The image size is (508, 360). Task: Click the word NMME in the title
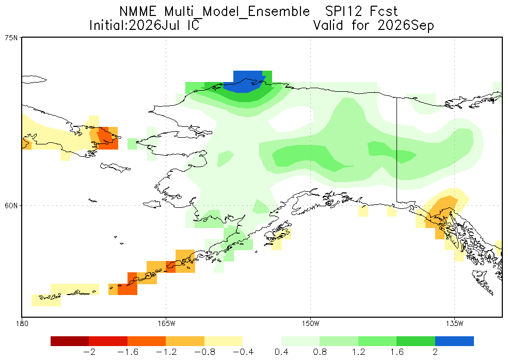[x=138, y=12]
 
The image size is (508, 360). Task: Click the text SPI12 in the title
[x=343, y=12]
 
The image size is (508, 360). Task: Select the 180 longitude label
[x=22, y=323]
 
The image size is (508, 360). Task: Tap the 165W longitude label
[x=166, y=323]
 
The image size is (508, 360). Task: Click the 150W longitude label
[x=310, y=323]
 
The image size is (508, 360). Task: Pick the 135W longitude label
[x=454, y=323]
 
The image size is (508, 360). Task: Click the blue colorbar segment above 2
[x=454, y=341]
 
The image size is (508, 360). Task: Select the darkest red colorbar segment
[x=70, y=341]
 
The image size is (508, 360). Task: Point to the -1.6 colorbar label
[x=128, y=352]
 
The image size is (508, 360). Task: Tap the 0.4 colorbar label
[x=281, y=352]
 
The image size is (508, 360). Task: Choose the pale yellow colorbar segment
[x=224, y=341]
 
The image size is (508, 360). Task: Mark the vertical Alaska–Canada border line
[x=397, y=149]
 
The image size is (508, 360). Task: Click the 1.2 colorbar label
[x=358, y=352]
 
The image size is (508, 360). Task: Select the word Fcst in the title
[x=384, y=12]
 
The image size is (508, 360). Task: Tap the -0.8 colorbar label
[x=205, y=352]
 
